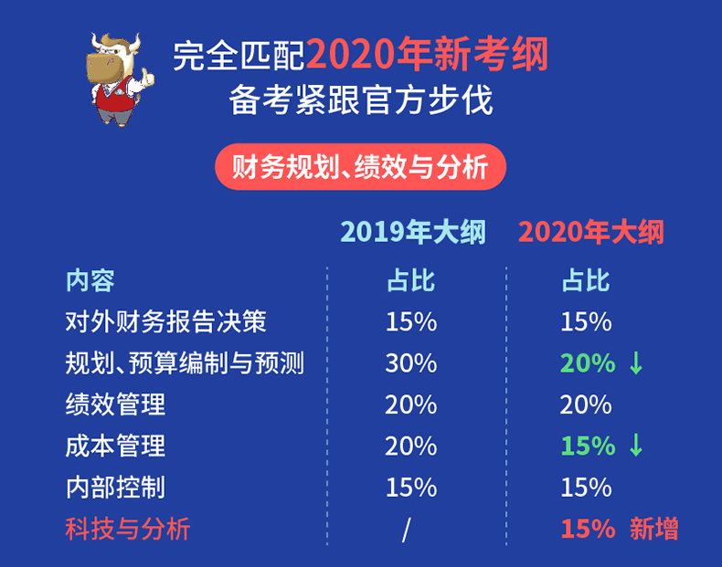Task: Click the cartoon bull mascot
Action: (x=120, y=79)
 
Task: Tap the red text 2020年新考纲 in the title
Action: (x=427, y=55)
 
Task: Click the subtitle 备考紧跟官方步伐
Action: (x=360, y=100)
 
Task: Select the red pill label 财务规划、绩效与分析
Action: (x=360, y=166)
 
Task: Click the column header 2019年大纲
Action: (x=413, y=232)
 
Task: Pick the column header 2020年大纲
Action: (x=590, y=232)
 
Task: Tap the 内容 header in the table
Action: (x=90, y=280)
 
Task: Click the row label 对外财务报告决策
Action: (x=165, y=321)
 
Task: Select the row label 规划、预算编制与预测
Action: (x=185, y=362)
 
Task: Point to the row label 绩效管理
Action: (x=115, y=404)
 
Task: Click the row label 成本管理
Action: (x=115, y=446)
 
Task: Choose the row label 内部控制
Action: (x=115, y=487)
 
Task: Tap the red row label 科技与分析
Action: (x=128, y=529)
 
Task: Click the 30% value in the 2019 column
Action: (x=411, y=363)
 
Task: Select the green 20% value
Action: (x=588, y=363)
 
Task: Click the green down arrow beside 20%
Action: (x=636, y=363)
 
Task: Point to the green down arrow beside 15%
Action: (x=636, y=446)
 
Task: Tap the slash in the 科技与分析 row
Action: (x=406, y=530)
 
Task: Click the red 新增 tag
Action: (x=653, y=529)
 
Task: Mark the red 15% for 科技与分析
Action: (x=588, y=529)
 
